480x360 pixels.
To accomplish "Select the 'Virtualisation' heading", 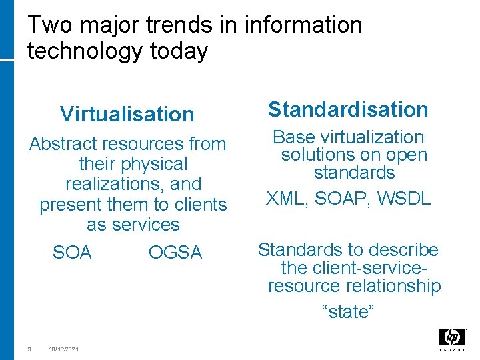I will (x=127, y=114).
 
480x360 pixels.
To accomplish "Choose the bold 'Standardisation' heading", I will (x=348, y=109).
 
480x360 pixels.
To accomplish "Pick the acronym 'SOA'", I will (x=72, y=253).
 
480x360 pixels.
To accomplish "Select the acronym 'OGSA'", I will (x=175, y=253).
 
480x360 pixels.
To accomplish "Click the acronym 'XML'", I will (x=287, y=198).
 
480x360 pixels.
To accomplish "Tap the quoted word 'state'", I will (x=349, y=311).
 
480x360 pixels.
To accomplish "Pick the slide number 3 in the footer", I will (x=29, y=349).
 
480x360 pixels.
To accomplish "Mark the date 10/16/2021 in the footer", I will (x=63, y=349).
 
